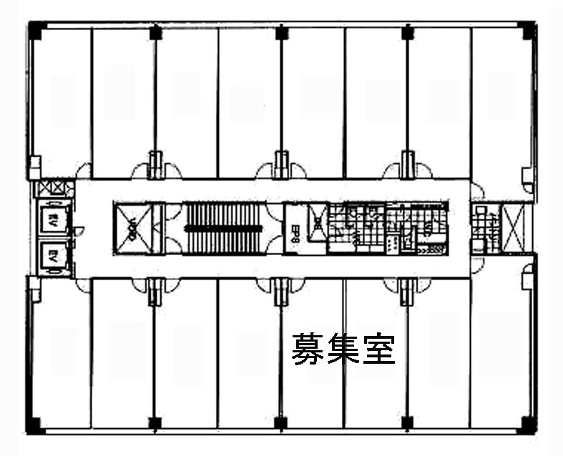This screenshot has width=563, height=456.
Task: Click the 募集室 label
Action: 343,350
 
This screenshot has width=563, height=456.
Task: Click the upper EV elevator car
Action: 53,222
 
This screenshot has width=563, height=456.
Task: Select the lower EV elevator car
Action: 53,254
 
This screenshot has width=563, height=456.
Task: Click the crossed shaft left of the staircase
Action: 132,228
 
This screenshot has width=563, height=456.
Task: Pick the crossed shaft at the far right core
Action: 514,228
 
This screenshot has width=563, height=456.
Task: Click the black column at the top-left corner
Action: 33,29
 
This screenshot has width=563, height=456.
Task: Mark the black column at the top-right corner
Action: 529,30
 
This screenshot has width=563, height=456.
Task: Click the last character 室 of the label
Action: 378,350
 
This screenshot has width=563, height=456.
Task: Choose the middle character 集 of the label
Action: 343,350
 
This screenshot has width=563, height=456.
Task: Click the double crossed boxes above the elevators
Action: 54,189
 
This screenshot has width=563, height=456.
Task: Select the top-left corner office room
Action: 60,100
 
